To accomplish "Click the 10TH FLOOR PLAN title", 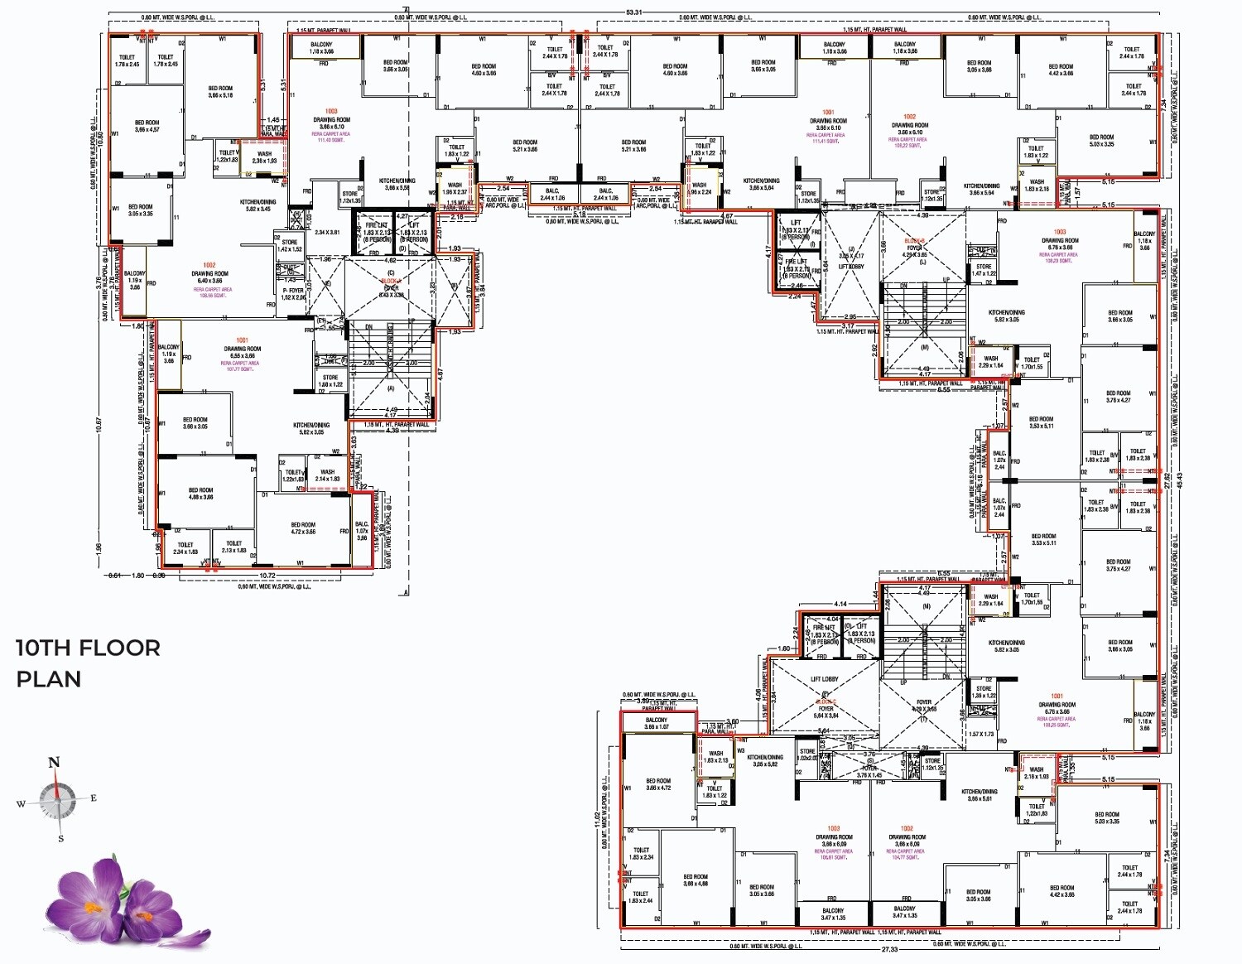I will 88,663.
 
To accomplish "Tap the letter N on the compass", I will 55,763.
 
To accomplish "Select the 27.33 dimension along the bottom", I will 889,949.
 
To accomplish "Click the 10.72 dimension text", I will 267,575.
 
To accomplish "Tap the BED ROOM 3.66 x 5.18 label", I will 220,92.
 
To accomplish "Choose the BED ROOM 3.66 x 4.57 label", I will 147,126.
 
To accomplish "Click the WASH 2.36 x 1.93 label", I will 264,157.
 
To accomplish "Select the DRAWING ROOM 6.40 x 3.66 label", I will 209,277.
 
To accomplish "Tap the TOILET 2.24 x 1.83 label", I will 185,548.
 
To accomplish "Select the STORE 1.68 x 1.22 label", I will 330,381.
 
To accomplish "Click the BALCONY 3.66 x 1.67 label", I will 657,723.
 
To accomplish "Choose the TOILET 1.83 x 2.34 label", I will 641,854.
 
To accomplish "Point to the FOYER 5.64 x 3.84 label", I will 826,712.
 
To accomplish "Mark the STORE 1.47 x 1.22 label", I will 984,270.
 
